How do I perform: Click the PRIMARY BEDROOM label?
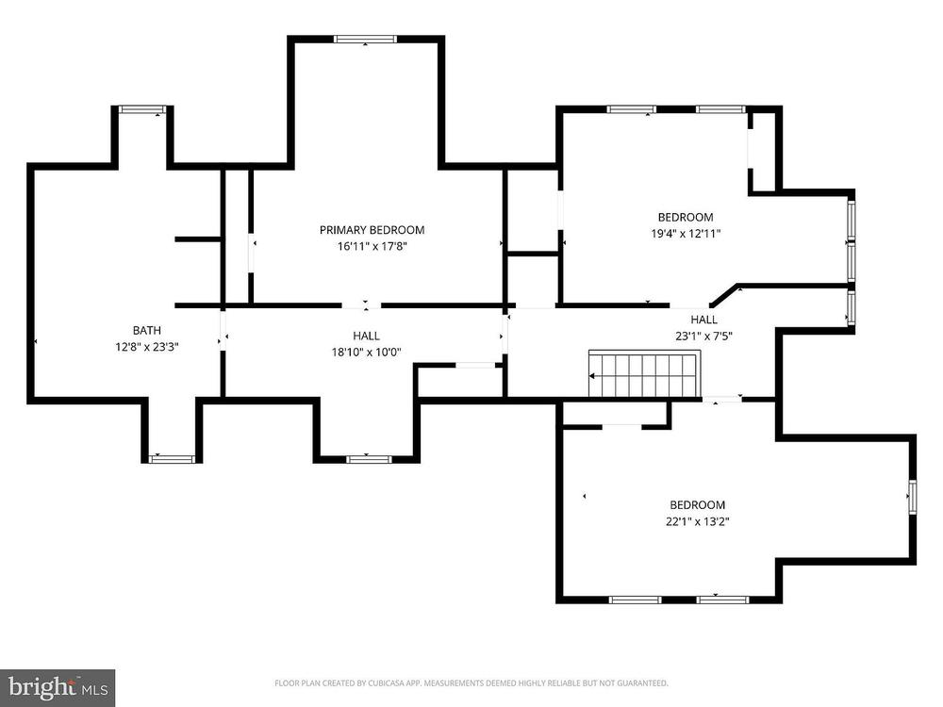(x=372, y=230)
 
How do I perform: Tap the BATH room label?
(x=147, y=330)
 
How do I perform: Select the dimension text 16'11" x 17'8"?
(x=372, y=246)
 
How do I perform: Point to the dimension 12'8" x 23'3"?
(x=147, y=347)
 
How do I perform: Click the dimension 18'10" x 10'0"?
(x=366, y=353)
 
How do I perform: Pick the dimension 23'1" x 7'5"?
(x=703, y=337)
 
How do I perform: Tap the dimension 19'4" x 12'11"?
(x=686, y=234)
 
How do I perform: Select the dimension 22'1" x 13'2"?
(x=698, y=521)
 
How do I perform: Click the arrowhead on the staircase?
(x=592, y=376)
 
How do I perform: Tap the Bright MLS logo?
(x=58, y=688)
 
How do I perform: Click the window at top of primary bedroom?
(x=366, y=39)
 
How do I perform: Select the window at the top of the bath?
(x=142, y=108)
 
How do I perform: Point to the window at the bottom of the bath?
(x=172, y=459)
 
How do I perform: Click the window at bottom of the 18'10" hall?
(x=369, y=459)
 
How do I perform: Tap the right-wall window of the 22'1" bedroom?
(x=912, y=497)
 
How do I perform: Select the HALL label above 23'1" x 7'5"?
(x=703, y=320)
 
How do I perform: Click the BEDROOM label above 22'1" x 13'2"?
(x=698, y=505)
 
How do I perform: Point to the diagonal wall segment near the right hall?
(x=724, y=295)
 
